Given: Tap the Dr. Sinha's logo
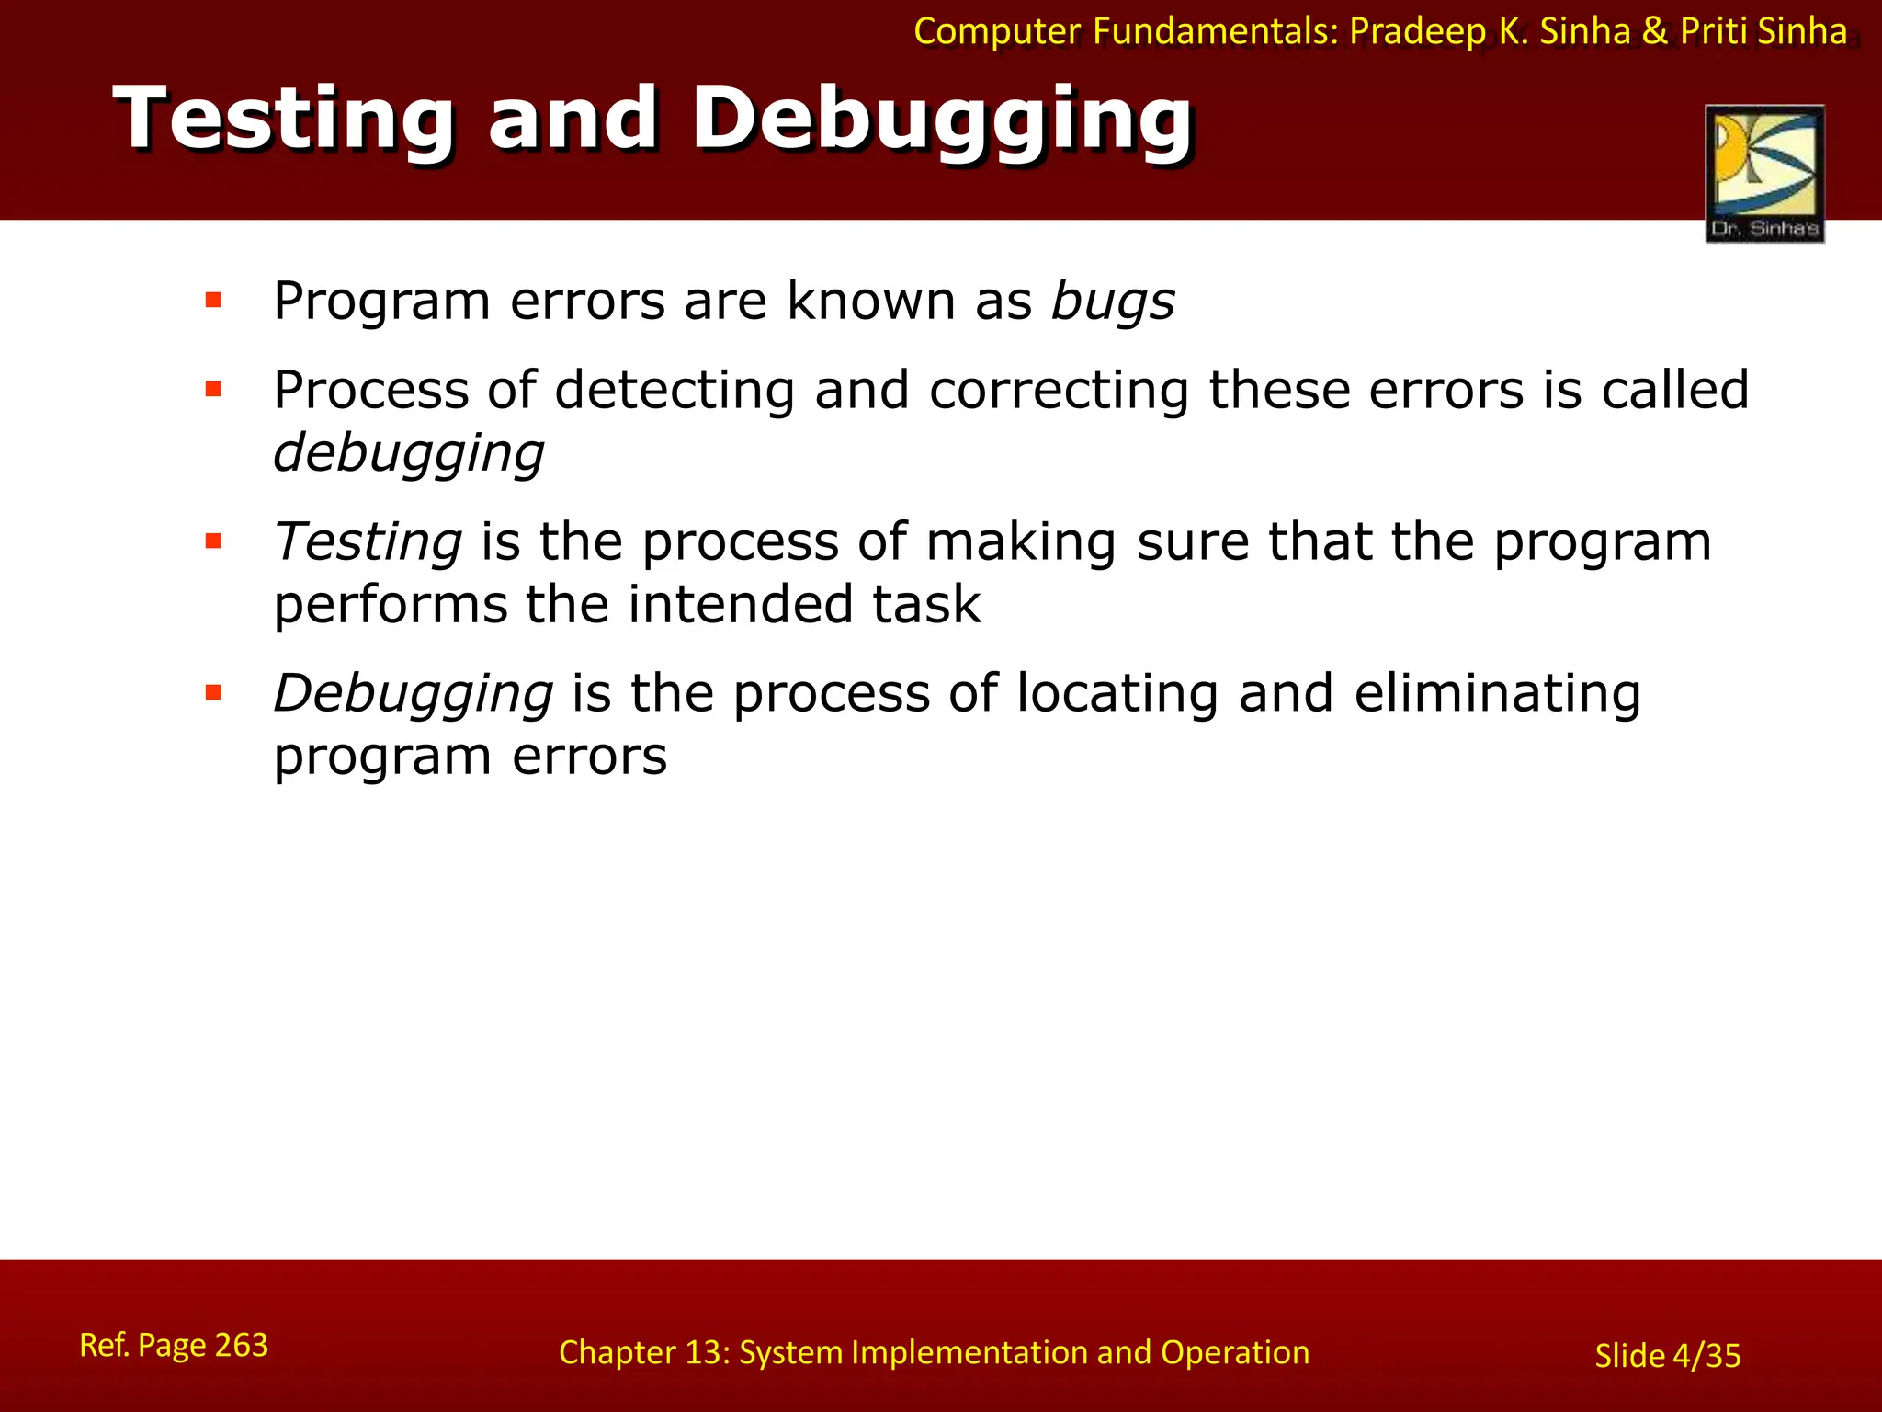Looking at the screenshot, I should click(1764, 174).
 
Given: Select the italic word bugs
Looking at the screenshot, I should click(1113, 302).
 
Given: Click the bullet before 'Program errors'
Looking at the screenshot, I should click(214, 300).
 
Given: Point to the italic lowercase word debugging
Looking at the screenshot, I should click(409, 454).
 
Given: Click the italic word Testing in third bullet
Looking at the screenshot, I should click(368, 541).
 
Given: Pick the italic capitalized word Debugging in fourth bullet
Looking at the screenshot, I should click(414, 693).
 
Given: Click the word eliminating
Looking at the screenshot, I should click(1497, 693).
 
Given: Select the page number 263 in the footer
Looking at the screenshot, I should click(241, 1345).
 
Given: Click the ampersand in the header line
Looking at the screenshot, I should click(1655, 32).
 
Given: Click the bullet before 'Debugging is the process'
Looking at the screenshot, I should click(214, 692).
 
